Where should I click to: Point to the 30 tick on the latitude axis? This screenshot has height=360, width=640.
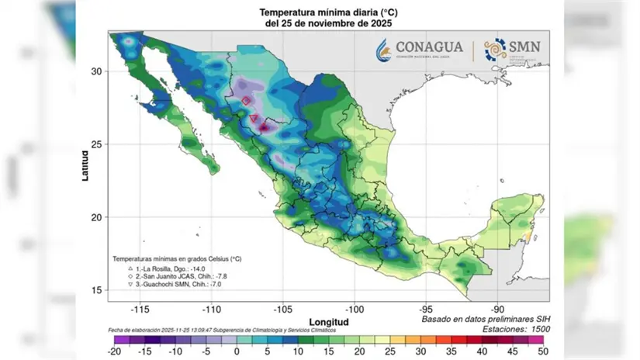tap(99, 71)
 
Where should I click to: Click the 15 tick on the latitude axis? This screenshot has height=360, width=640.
tap(99, 290)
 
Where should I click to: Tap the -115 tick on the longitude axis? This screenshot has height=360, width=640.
tap(140, 308)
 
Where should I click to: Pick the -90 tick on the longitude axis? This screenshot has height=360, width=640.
tap(498, 308)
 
